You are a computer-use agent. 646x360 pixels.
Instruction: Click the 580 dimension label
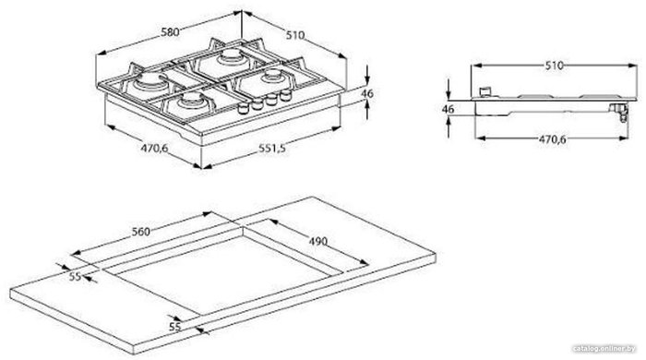coord(170,31)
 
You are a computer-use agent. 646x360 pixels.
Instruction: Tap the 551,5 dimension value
coord(272,148)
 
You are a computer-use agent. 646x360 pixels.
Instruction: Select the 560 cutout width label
coord(141,232)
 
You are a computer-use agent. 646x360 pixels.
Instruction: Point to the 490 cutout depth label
coord(318,241)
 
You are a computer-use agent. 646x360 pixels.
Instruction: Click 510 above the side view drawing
coord(554,66)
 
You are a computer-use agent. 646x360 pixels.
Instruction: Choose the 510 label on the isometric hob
coord(295,35)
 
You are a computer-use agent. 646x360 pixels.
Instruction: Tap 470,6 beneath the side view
coord(553,139)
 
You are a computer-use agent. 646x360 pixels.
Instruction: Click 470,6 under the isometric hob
coord(154,148)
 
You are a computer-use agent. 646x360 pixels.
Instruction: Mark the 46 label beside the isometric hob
coord(367,93)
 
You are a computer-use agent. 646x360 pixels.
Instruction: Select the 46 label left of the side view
coord(448,109)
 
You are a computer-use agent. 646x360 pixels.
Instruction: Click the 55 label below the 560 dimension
coord(75,276)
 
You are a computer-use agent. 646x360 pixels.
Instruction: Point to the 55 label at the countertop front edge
coord(175,327)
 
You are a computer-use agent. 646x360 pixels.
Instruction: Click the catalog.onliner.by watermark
coord(604,349)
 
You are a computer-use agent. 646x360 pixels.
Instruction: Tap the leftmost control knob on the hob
coord(243,108)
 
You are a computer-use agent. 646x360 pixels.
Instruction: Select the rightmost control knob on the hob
coord(284,96)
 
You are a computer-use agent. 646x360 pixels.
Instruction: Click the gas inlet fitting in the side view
coord(619,111)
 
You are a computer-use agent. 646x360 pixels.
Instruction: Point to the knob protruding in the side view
coord(486,91)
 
